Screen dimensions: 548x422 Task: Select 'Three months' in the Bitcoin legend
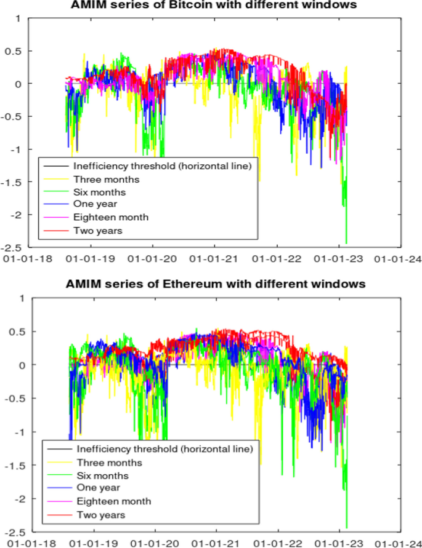click(x=106, y=179)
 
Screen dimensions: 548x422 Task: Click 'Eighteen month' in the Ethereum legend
click(x=113, y=501)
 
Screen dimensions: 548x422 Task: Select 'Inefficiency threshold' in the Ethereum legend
click(x=166, y=449)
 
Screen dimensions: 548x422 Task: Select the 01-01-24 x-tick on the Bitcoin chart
click(x=401, y=259)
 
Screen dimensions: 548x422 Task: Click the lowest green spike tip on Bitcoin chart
click(x=346, y=244)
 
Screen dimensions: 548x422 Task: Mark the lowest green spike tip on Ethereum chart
click(x=346, y=527)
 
